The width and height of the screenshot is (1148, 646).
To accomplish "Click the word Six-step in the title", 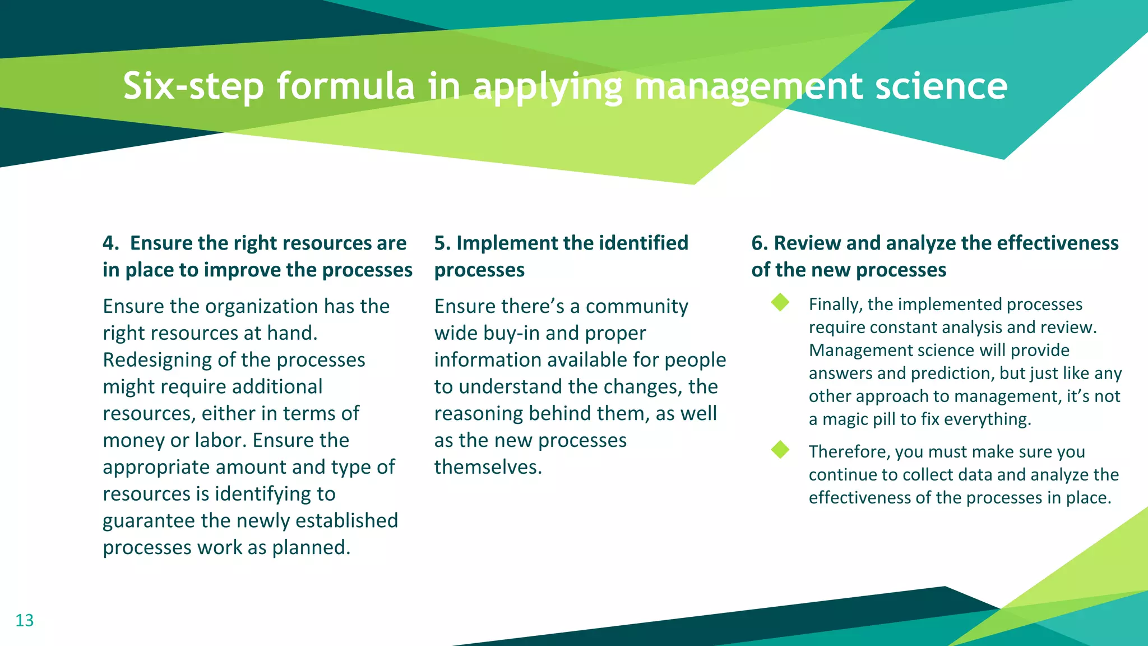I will tap(193, 86).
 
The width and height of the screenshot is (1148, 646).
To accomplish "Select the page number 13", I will tap(24, 620).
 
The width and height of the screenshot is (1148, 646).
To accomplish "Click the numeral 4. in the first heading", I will tap(110, 243).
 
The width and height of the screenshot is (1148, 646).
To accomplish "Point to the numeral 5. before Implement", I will tap(442, 243).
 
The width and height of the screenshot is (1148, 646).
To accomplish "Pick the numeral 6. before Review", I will tap(760, 243).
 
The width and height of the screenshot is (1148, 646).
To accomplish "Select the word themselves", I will tap(487, 467).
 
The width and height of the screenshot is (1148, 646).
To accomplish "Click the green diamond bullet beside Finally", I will tap(780, 303).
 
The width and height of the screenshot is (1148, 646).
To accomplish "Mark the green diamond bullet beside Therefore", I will tap(780, 450).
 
